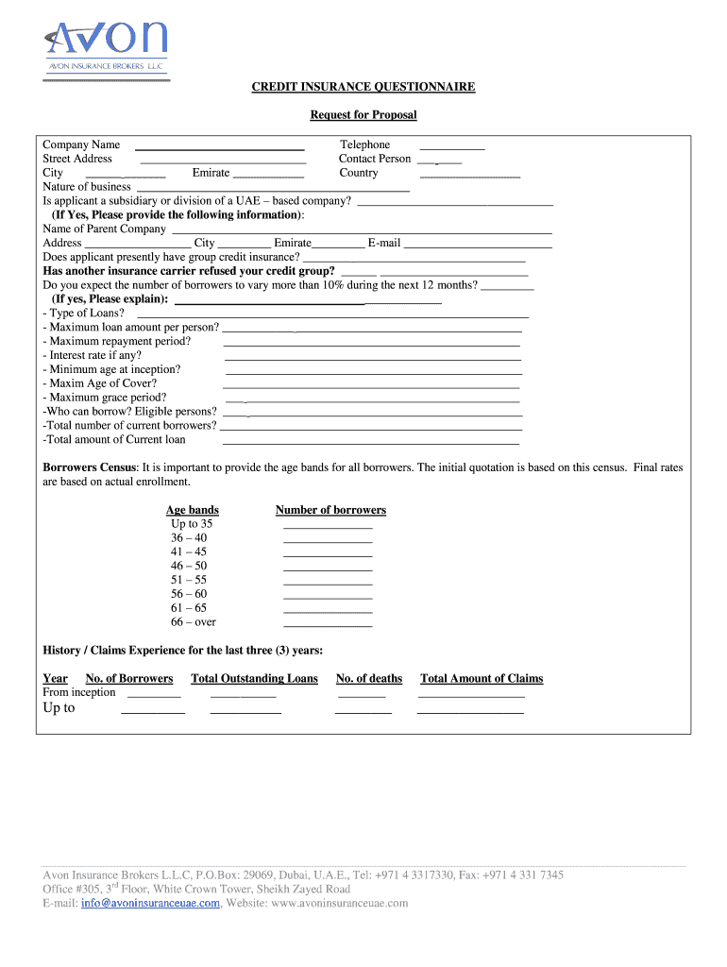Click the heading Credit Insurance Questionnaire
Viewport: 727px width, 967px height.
[x=363, y=87]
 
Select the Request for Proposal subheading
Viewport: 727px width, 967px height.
[x=363, y=115]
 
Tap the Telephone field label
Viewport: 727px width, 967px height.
[x=364, y=144]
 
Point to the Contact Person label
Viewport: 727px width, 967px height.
[x=375, y=159]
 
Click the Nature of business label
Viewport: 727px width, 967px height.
[x=87, y=187]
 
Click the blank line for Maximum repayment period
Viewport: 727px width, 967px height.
[x=371, y=345]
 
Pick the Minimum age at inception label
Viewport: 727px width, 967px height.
[x=111, y=369]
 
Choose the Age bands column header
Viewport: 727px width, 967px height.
[x=193, y=510]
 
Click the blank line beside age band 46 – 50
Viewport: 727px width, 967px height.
[x=328, y=569]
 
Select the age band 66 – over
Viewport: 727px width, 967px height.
[x=194, y=622]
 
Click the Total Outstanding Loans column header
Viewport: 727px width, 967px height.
[x=254, y=678]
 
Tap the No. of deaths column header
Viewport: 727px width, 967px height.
[x=369, y=678]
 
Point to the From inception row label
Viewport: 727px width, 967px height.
[x=79, y=692]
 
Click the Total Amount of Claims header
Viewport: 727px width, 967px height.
[x=482, y=678]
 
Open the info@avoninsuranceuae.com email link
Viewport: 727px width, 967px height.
[x=151, y=903]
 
